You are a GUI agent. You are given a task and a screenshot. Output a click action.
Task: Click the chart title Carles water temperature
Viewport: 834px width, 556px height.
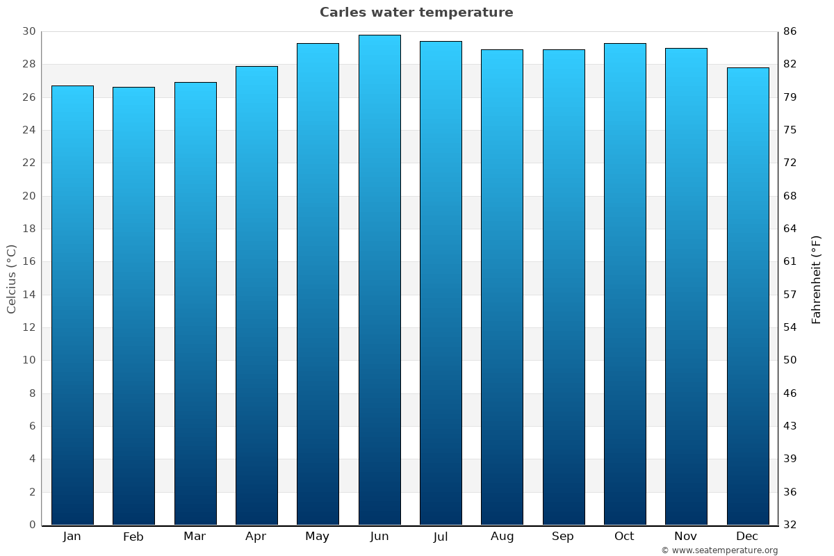click(x=416, y=13)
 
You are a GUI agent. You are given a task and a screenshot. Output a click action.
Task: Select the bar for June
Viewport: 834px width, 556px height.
click(x=379, y=278)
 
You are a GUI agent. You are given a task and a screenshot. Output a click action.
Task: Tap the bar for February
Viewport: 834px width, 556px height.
click(x=133, y=306)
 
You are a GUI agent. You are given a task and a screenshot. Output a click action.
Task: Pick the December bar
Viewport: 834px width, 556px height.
click(x=747, y=295)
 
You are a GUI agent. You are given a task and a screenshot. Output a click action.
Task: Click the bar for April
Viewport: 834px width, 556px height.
click(x=256, y=295)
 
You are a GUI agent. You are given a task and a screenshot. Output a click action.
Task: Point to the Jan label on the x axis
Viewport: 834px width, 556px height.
click(x=72, y=537)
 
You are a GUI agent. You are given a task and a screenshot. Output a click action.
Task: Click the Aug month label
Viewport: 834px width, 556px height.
click(x=502, y=537)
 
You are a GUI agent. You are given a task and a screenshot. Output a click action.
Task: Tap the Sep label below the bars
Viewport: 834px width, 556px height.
click(x=563, y=537)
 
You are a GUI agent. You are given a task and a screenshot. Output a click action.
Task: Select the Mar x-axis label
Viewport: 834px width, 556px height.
click(x=195, y=537)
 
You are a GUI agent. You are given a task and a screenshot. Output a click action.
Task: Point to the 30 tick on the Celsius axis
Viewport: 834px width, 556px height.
click(x=28, y=31)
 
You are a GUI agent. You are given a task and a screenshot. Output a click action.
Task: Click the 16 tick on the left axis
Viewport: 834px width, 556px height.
click(x=28, y=261)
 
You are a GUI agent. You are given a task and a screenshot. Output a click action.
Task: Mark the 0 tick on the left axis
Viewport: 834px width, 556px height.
click(x=32, y=525)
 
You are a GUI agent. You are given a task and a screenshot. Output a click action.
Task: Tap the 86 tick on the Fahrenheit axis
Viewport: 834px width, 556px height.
click(x=790, y=31)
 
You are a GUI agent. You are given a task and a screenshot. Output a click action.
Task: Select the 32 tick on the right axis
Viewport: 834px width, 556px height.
click(x=790, y=525)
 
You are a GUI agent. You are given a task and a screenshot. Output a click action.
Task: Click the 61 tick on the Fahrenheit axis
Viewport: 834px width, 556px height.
click(x=790, y=261)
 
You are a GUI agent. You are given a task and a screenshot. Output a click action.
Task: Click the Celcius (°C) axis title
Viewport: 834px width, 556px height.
click(x=11, y=279)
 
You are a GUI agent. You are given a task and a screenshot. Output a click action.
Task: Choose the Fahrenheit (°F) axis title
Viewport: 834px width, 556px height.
click(x=817, y=279)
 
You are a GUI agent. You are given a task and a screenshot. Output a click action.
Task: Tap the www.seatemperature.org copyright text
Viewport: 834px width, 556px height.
click(x=719, y=550)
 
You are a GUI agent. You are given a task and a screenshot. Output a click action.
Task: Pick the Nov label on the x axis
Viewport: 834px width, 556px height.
click(x=686, y=537)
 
